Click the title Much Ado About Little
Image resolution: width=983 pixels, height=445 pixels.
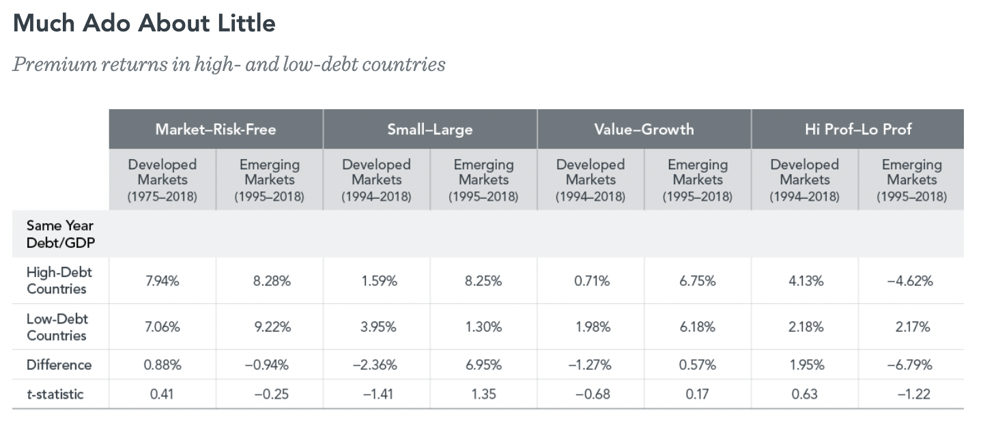(144, 23)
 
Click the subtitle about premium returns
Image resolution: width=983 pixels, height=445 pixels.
(229, 64)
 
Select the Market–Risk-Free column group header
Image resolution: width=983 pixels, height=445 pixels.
(216, 129)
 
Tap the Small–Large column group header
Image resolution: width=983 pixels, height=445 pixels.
(430, 129)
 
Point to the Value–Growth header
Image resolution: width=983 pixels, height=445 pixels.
(644, 129)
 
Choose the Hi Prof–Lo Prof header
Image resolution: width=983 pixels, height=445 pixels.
(858, 129)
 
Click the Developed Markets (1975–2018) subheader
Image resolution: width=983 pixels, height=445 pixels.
(162, 180)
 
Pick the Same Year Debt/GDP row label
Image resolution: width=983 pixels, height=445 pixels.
(60, 233)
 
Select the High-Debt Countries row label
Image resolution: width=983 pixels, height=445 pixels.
(59, 281)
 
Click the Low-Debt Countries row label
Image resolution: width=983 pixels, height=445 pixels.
(57, 327)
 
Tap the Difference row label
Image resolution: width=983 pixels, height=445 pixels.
(59, 365)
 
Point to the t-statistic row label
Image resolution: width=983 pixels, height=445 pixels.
(55, 394)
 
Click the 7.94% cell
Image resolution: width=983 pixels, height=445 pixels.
(162, 281)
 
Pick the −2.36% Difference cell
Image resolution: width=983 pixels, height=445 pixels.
(376, 365)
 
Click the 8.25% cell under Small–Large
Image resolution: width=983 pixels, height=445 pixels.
(483, 281)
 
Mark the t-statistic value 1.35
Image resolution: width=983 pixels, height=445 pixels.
(483, 394)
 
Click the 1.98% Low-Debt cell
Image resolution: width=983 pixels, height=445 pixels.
(590, 327)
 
